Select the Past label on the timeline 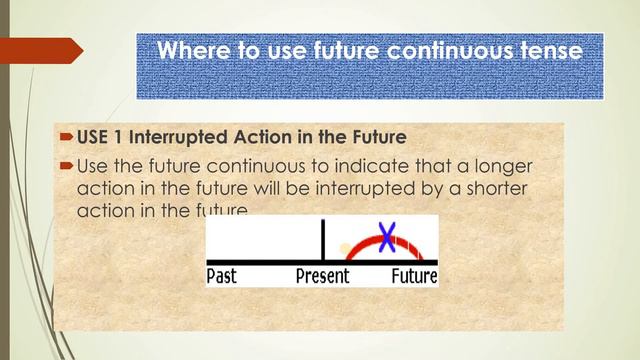pos(221,276)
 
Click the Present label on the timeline pos(322,276)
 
